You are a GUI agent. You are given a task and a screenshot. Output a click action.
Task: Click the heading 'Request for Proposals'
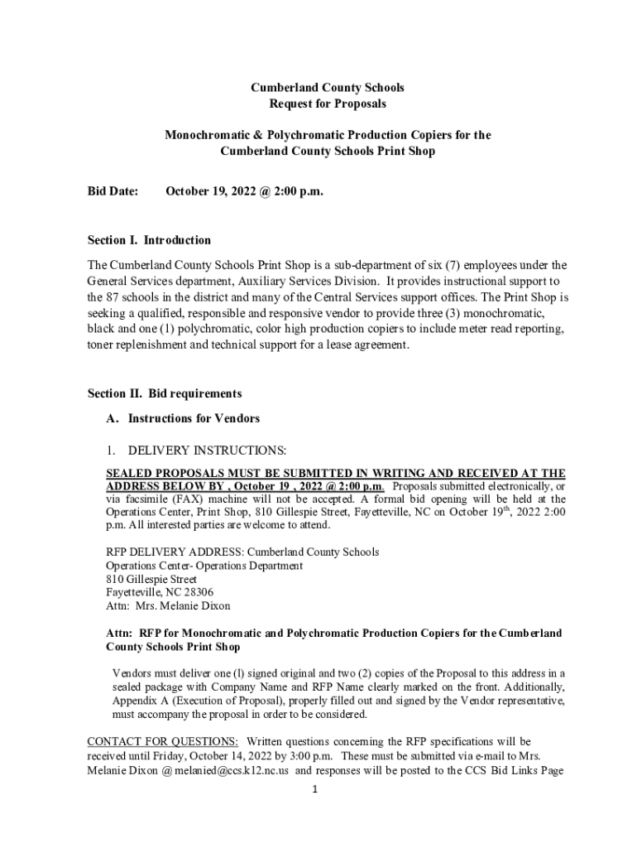328,104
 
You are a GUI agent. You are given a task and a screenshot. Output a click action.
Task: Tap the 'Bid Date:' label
113,191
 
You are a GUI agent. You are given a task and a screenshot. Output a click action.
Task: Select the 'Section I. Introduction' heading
149,240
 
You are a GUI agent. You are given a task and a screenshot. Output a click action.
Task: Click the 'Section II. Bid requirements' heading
165,393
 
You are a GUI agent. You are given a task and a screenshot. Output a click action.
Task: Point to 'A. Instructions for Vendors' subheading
182,418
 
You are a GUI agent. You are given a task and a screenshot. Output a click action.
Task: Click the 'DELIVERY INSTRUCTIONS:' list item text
207,450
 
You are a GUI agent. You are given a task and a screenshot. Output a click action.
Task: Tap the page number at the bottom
315,789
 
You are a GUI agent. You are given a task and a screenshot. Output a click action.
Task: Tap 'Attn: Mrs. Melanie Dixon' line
157,605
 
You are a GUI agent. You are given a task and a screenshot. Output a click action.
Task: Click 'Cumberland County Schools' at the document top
328,87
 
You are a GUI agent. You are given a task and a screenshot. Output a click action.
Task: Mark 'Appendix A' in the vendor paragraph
138,701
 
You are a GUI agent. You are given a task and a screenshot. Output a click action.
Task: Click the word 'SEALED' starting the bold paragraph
127,474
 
